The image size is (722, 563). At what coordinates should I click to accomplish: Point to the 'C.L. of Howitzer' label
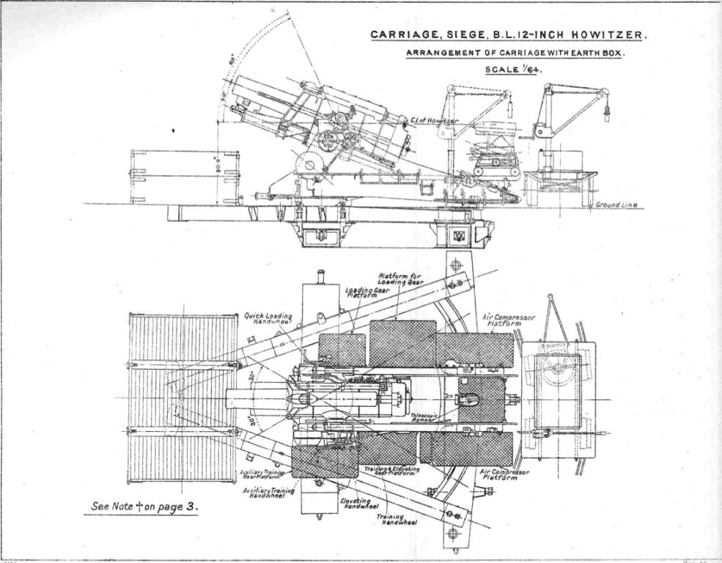click(x=435, y=119)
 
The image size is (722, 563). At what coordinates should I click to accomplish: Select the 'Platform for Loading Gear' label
click(x=399, y=279)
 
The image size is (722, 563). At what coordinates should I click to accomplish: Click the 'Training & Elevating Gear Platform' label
click(x=392, y=471)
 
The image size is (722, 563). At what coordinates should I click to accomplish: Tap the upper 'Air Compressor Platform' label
click(x=509, y=320)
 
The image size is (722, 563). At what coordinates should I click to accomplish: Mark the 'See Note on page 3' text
click(x=144, y=506)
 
